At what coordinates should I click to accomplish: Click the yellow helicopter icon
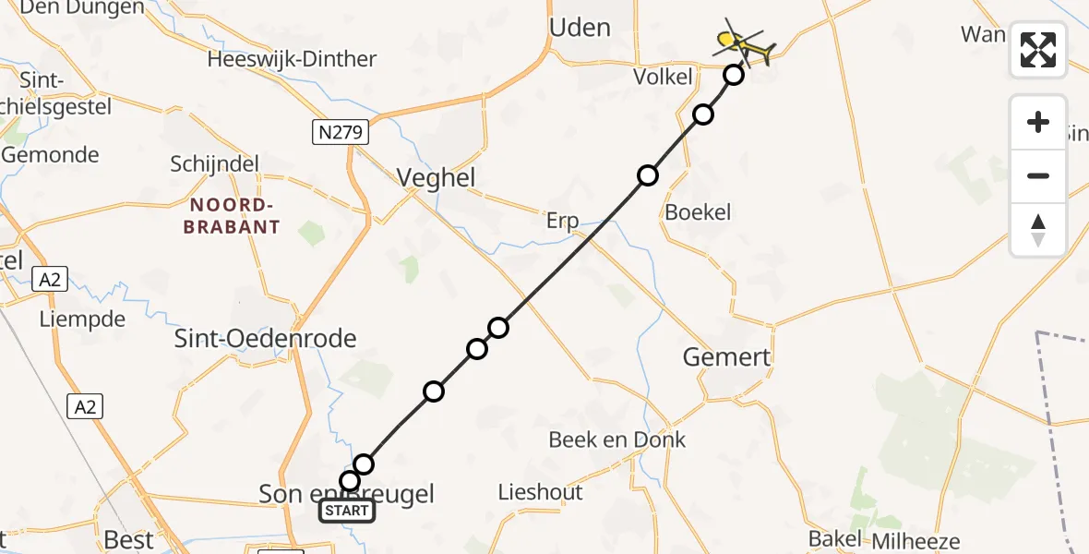(x=743, y=42)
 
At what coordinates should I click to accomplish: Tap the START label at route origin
(x=347, y=511)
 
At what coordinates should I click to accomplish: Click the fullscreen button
(x=1038, y=50)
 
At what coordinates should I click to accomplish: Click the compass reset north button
(x=1038, y=230)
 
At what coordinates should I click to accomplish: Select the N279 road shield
(x=341, y=133)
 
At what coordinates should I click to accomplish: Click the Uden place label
(x=580, y=28)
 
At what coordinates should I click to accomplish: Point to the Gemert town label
(x=727, y=356)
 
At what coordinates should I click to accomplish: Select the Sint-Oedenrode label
(x=266, y=339)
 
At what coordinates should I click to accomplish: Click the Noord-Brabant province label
(x=231, y=216)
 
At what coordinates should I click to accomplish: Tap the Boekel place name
(x=698, y=212)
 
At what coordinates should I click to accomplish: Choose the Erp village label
(x=562, y=221)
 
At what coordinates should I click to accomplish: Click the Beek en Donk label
(x=617, y=440)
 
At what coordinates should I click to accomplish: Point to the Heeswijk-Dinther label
(x=292, y=59)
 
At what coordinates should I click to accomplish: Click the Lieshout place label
(x=540, y=492)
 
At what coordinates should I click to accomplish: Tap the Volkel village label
(x=663, y=77)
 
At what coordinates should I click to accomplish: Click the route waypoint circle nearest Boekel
(x=648, y=175)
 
